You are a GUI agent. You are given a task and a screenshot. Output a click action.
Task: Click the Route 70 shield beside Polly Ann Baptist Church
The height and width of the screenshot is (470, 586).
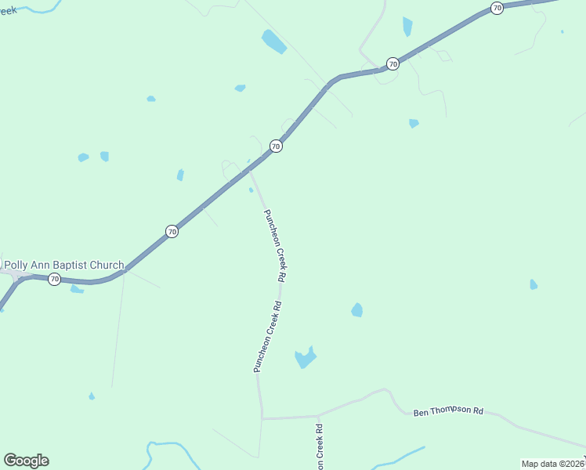click(54, 279)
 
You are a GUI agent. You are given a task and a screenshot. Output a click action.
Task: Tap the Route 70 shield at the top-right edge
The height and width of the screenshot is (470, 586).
click(497, 8)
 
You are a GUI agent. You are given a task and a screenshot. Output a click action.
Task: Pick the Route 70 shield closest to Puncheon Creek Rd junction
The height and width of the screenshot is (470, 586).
click(276, 146)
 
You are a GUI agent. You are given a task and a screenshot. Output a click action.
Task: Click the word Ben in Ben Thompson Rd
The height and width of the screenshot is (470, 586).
click(421, 411)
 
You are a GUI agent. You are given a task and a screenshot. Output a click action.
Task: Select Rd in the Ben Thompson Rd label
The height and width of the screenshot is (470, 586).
click(478, 411)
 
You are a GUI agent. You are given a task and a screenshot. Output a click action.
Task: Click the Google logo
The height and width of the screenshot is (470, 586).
click(26, 461)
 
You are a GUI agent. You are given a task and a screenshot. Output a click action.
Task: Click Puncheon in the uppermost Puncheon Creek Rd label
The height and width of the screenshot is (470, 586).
click(270, 228)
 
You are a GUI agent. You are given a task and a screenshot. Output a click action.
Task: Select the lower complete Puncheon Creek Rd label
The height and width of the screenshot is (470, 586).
click(268, 337)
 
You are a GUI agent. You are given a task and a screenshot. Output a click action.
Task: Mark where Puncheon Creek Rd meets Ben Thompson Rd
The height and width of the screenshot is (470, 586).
click(262, 418)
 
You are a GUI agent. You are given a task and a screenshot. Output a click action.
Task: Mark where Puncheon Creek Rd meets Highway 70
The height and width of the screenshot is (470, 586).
click(249, 169)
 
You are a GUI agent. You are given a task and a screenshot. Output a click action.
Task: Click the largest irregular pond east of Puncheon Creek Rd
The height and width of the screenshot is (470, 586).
click(305, 358)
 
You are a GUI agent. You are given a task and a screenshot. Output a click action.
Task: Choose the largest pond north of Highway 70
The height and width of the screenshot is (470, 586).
click(274, 42)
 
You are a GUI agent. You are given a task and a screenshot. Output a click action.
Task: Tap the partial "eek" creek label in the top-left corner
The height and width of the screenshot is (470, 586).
click(8, 10)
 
